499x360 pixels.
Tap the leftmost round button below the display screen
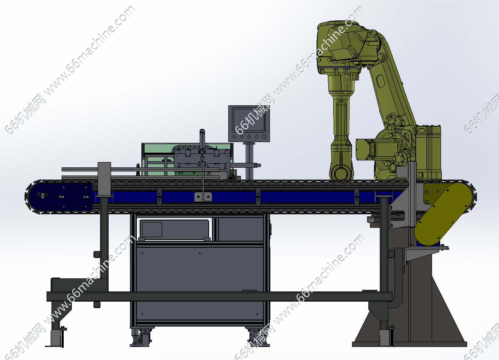click(234, 136)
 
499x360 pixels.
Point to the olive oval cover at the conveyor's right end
click(443, 214)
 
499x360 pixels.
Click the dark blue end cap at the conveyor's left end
click(60, 197)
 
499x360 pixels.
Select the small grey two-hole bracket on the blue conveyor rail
click(203, 197)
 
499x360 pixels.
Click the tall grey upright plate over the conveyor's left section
click(104, 180)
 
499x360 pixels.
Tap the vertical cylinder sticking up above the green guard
click(202, 140)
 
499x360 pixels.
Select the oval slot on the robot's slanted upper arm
click(380, 81)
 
